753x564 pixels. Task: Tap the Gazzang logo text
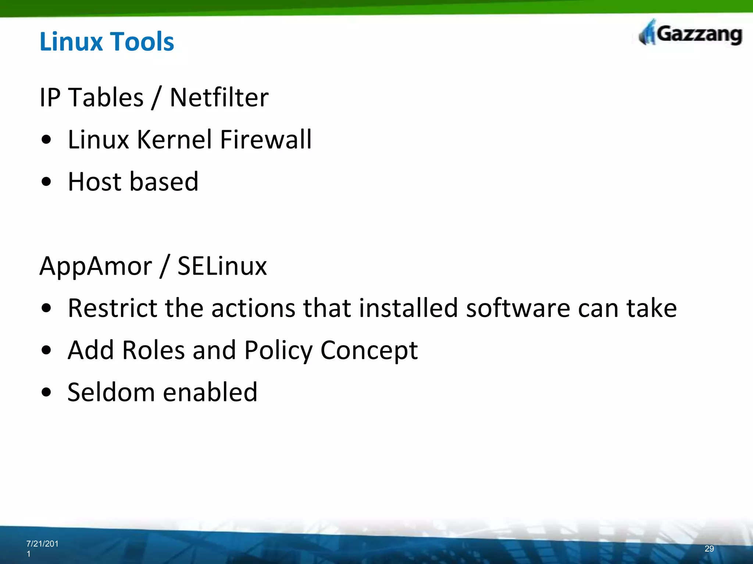coord(699,35)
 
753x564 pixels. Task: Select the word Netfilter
coord(219,98)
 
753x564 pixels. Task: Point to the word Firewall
coord(265,140)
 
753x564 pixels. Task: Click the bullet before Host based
coord(46,182)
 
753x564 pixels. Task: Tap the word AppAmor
coord(96,266)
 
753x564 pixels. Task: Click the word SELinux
coord(222,266)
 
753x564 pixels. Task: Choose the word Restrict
coord(112,308)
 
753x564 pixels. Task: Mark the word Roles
coord(153,350)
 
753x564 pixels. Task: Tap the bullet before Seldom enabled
coord(46,392)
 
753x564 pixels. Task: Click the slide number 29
coord(709,549)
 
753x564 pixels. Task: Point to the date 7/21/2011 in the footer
coord(42,548)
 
